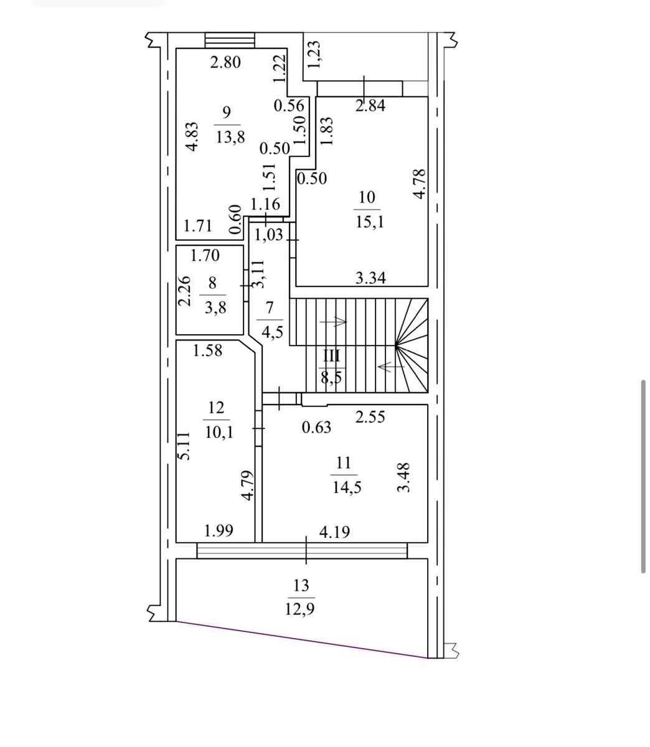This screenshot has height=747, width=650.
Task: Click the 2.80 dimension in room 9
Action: pos(225,62)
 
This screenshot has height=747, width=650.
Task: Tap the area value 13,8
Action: pos(230,138)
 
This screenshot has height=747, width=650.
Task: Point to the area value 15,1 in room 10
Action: pos(370,222)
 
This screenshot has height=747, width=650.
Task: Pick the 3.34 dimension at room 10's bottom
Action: pos(370,278)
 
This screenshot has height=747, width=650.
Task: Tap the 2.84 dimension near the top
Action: pos(370,106)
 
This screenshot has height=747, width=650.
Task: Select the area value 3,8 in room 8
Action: pos(215,308)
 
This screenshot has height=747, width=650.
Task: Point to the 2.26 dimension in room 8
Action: pos(184,291)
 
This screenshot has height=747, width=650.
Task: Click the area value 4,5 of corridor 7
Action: pos(273,332)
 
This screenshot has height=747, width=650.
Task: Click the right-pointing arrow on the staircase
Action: pos(333,322)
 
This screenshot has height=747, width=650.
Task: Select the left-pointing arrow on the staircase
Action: pos(392,366)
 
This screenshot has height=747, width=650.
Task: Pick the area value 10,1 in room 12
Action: pos(219,432)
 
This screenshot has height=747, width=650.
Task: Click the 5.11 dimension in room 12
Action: pos(185,446)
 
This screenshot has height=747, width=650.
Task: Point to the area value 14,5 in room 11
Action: pos(347,487)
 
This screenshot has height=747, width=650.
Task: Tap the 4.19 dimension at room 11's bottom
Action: pos(334,532)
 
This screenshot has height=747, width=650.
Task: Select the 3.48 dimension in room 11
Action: pos(403,477)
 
